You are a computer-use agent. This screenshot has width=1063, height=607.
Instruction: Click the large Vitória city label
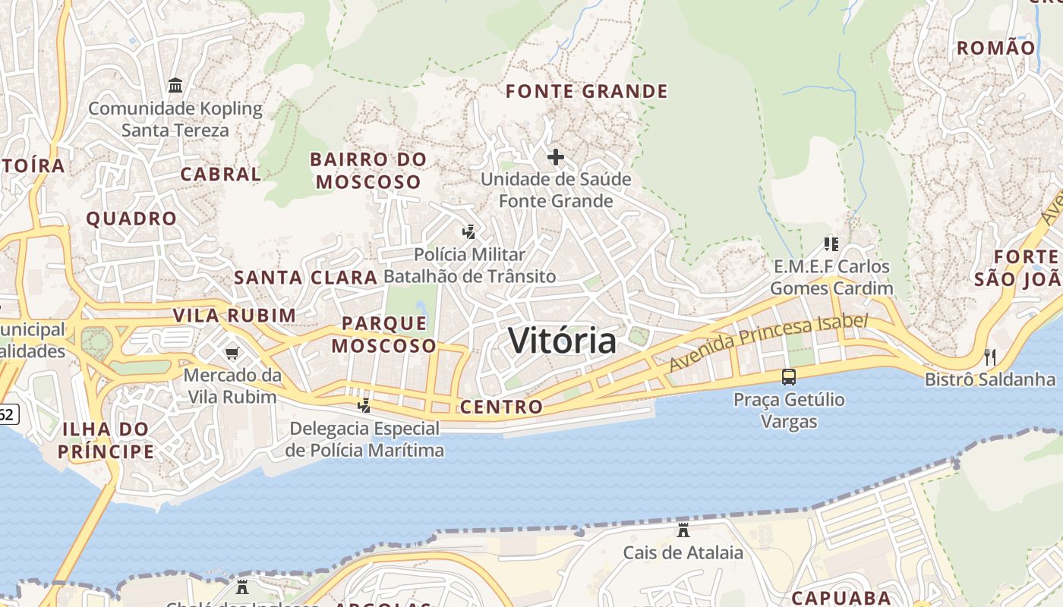pyautogui.click(x=562, y=341)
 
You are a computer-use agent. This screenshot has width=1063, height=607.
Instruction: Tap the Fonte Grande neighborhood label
pyautogui.click(x=586, y=92)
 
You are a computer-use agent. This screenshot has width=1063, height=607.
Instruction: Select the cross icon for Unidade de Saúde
pyautogui.click(x=556, y=157)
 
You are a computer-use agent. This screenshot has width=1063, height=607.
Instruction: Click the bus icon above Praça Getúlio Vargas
pyautogui.click(x=789, y=377)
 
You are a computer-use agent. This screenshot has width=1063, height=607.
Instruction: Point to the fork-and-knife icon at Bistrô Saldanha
pyautogui.click(x=989, y=357)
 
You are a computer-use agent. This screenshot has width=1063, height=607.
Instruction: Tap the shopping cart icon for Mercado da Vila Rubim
pyautogui.click(x=232, y=353)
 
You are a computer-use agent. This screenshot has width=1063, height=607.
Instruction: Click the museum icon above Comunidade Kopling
pyautogui.click(x=175, y=85)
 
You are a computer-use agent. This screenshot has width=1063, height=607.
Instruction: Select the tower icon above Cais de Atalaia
pyautogui.click(x=683, y=530)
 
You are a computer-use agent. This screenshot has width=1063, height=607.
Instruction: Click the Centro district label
pyautogui.click(x=501, y=407)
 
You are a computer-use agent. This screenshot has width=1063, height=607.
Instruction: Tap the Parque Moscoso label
pyautogui.click(x=384, y=335)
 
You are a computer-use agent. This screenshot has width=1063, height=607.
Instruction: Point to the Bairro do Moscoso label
pyautogui.click(x=368, y=171)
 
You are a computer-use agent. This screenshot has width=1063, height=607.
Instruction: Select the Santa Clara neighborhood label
pyautogui.click(x=305, y=278)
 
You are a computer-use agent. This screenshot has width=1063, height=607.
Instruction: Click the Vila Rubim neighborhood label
pyautogui.click(x=234, y=316)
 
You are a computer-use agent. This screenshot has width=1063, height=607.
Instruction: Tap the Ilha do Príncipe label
pyautogui.click(x=106, y=441)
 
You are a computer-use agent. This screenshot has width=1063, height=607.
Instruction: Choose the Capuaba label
pyautogui.click(x=841, y=597)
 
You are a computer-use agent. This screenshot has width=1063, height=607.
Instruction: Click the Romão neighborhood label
pyautogui.click(x=995, y=49)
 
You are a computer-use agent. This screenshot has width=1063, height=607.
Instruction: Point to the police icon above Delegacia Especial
pyautogui.click(x=364, y=406)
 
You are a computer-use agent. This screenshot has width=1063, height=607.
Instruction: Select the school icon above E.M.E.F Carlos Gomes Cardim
pyautogui.click(x=831, y=244)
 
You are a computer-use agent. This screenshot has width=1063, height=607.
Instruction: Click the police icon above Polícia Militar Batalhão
pyautogui.click(x=469, y=232)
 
